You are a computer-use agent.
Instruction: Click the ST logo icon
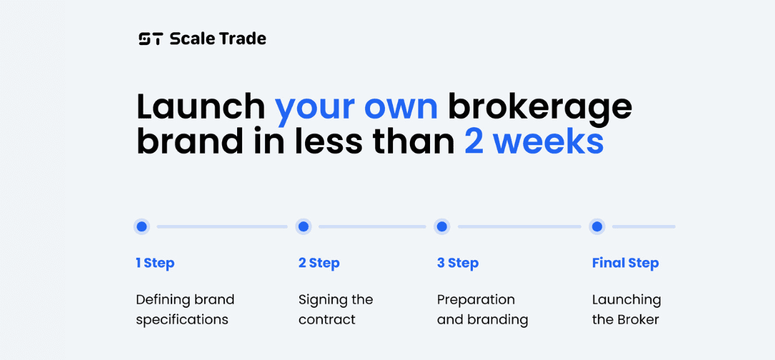click(x=150, y=39)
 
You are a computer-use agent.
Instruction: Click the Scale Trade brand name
click(x=218, y=39)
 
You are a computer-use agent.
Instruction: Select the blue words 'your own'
click(x=356, y=110)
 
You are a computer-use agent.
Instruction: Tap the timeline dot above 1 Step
click(x=142, y=226)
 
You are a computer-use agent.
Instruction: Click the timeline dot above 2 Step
click(x=304, y=226)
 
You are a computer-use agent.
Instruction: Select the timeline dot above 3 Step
click(x=442, y=226)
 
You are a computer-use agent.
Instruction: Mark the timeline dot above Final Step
click(x=597, y=226)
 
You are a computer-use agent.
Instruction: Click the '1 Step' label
click(x=155, y=264)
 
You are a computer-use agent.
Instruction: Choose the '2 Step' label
click(x=319, y=264)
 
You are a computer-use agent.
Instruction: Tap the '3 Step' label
click(x=458, y=264)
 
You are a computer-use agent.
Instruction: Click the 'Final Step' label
click(x=625, y=264)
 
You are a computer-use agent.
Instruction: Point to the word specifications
click(x=182, y=320)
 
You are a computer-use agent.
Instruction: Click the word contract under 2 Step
click(x=326, y=320)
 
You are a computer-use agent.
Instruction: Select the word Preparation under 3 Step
click(x=476, y=300)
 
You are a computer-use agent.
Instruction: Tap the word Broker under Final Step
click(x=638, y=319)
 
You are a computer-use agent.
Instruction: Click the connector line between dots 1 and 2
click(x=222, y=226)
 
